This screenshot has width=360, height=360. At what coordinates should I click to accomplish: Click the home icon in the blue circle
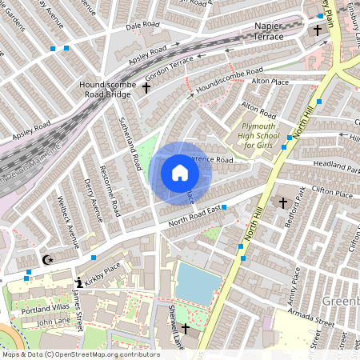click(x=179, y=172)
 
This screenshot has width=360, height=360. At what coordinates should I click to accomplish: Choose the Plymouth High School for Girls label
click(x=266, y=134)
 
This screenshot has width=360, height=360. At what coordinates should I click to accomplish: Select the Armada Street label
click(x=311, y=321)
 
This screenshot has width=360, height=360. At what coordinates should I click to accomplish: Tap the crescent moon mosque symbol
click(x=46, y=259)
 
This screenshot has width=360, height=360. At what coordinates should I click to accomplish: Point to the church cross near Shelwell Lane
click(x=185, y=329)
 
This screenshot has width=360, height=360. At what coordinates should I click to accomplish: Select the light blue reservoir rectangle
click(x=197, y=284)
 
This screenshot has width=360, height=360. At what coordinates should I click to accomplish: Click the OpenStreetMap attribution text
click(x=80, y=354)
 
